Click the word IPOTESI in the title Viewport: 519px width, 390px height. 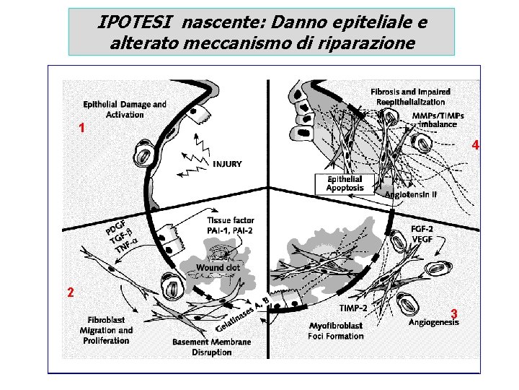(134, 22)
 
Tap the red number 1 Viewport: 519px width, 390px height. (81, 128)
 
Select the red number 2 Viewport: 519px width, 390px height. (71, 292)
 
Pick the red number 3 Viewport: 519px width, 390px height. (454, 313)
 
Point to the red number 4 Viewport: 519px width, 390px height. (476, 145)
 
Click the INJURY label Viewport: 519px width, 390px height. (227, 164)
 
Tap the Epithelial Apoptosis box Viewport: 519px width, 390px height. (345, 183)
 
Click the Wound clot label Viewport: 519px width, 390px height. (218, 267)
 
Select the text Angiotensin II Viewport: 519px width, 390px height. (411, 194)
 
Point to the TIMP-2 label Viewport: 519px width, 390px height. (353, 308)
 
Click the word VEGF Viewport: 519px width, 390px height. (422, 239)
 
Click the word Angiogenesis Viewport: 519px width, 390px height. (434, 322)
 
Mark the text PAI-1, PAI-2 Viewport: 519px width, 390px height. (230, 230)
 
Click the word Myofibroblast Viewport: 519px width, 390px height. (336, 326)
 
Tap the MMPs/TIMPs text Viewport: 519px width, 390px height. (438, 116)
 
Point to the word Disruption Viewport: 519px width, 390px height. (212, 352)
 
